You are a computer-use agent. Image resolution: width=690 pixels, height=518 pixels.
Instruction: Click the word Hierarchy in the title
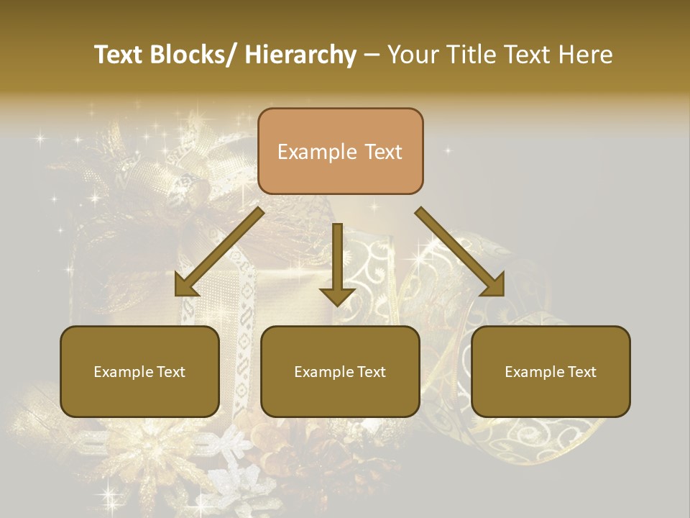[300, 55]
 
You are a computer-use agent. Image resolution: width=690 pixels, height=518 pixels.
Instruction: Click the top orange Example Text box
[340, 151]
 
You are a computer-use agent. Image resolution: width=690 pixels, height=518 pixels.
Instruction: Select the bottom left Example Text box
[139, 371]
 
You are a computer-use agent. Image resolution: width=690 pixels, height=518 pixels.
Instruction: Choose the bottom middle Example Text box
[340, 371]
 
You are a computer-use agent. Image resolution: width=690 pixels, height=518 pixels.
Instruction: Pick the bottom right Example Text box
[551, 371]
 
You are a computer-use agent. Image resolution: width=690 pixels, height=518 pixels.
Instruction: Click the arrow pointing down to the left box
[219, 252]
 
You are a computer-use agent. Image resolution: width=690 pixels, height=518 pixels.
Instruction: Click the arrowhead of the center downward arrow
[337, 296]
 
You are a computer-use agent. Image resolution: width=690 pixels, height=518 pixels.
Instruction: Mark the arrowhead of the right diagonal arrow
[494, 286]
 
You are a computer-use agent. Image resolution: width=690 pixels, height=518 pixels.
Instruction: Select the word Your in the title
[412, 55]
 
